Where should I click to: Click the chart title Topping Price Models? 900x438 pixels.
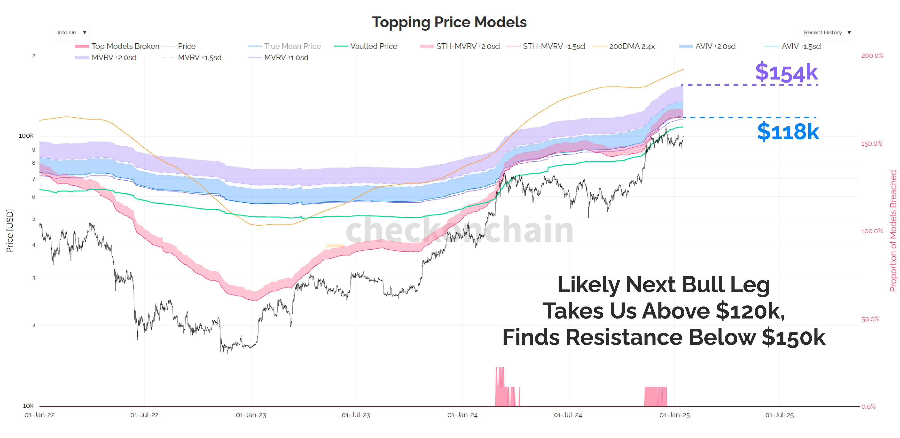[449, 22]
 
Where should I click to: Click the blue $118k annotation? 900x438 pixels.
[788, 131]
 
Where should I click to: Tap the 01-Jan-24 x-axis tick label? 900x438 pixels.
[462, 415]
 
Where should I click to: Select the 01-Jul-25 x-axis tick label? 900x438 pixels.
[779, 415]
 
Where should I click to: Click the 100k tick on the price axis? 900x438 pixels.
[26, 136]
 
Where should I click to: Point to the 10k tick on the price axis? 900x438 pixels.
[28, 406]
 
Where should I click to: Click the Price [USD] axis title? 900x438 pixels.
[10, 231]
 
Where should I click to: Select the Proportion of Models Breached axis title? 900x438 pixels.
[893, 231]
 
